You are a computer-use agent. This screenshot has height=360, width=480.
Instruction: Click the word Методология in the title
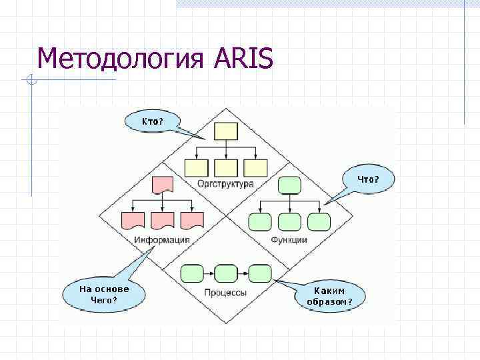[123, 59]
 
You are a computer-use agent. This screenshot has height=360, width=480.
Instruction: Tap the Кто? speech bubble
[153, 121]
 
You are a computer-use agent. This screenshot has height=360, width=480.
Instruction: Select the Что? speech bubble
[368, 179]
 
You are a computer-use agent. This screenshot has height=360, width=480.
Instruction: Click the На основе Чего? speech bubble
[104, 294]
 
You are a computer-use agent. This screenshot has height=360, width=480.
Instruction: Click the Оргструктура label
[225, 183]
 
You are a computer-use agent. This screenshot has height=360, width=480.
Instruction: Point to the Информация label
[162, 240]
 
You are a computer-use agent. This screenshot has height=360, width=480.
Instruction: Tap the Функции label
[289, 240]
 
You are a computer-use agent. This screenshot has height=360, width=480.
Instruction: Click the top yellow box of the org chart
[227, 131]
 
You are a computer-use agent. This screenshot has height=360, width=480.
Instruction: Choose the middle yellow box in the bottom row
[227, 167]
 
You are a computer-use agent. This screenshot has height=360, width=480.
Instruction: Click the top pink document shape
[163, 185]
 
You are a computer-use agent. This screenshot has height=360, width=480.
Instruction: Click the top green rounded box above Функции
[289, 185]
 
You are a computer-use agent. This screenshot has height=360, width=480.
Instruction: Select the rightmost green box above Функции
[319, 222]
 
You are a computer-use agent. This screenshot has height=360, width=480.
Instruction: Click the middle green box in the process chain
[227, 273]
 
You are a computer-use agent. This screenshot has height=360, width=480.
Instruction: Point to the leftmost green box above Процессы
[193, 273]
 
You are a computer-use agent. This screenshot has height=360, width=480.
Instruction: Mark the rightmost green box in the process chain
[260, 273]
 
